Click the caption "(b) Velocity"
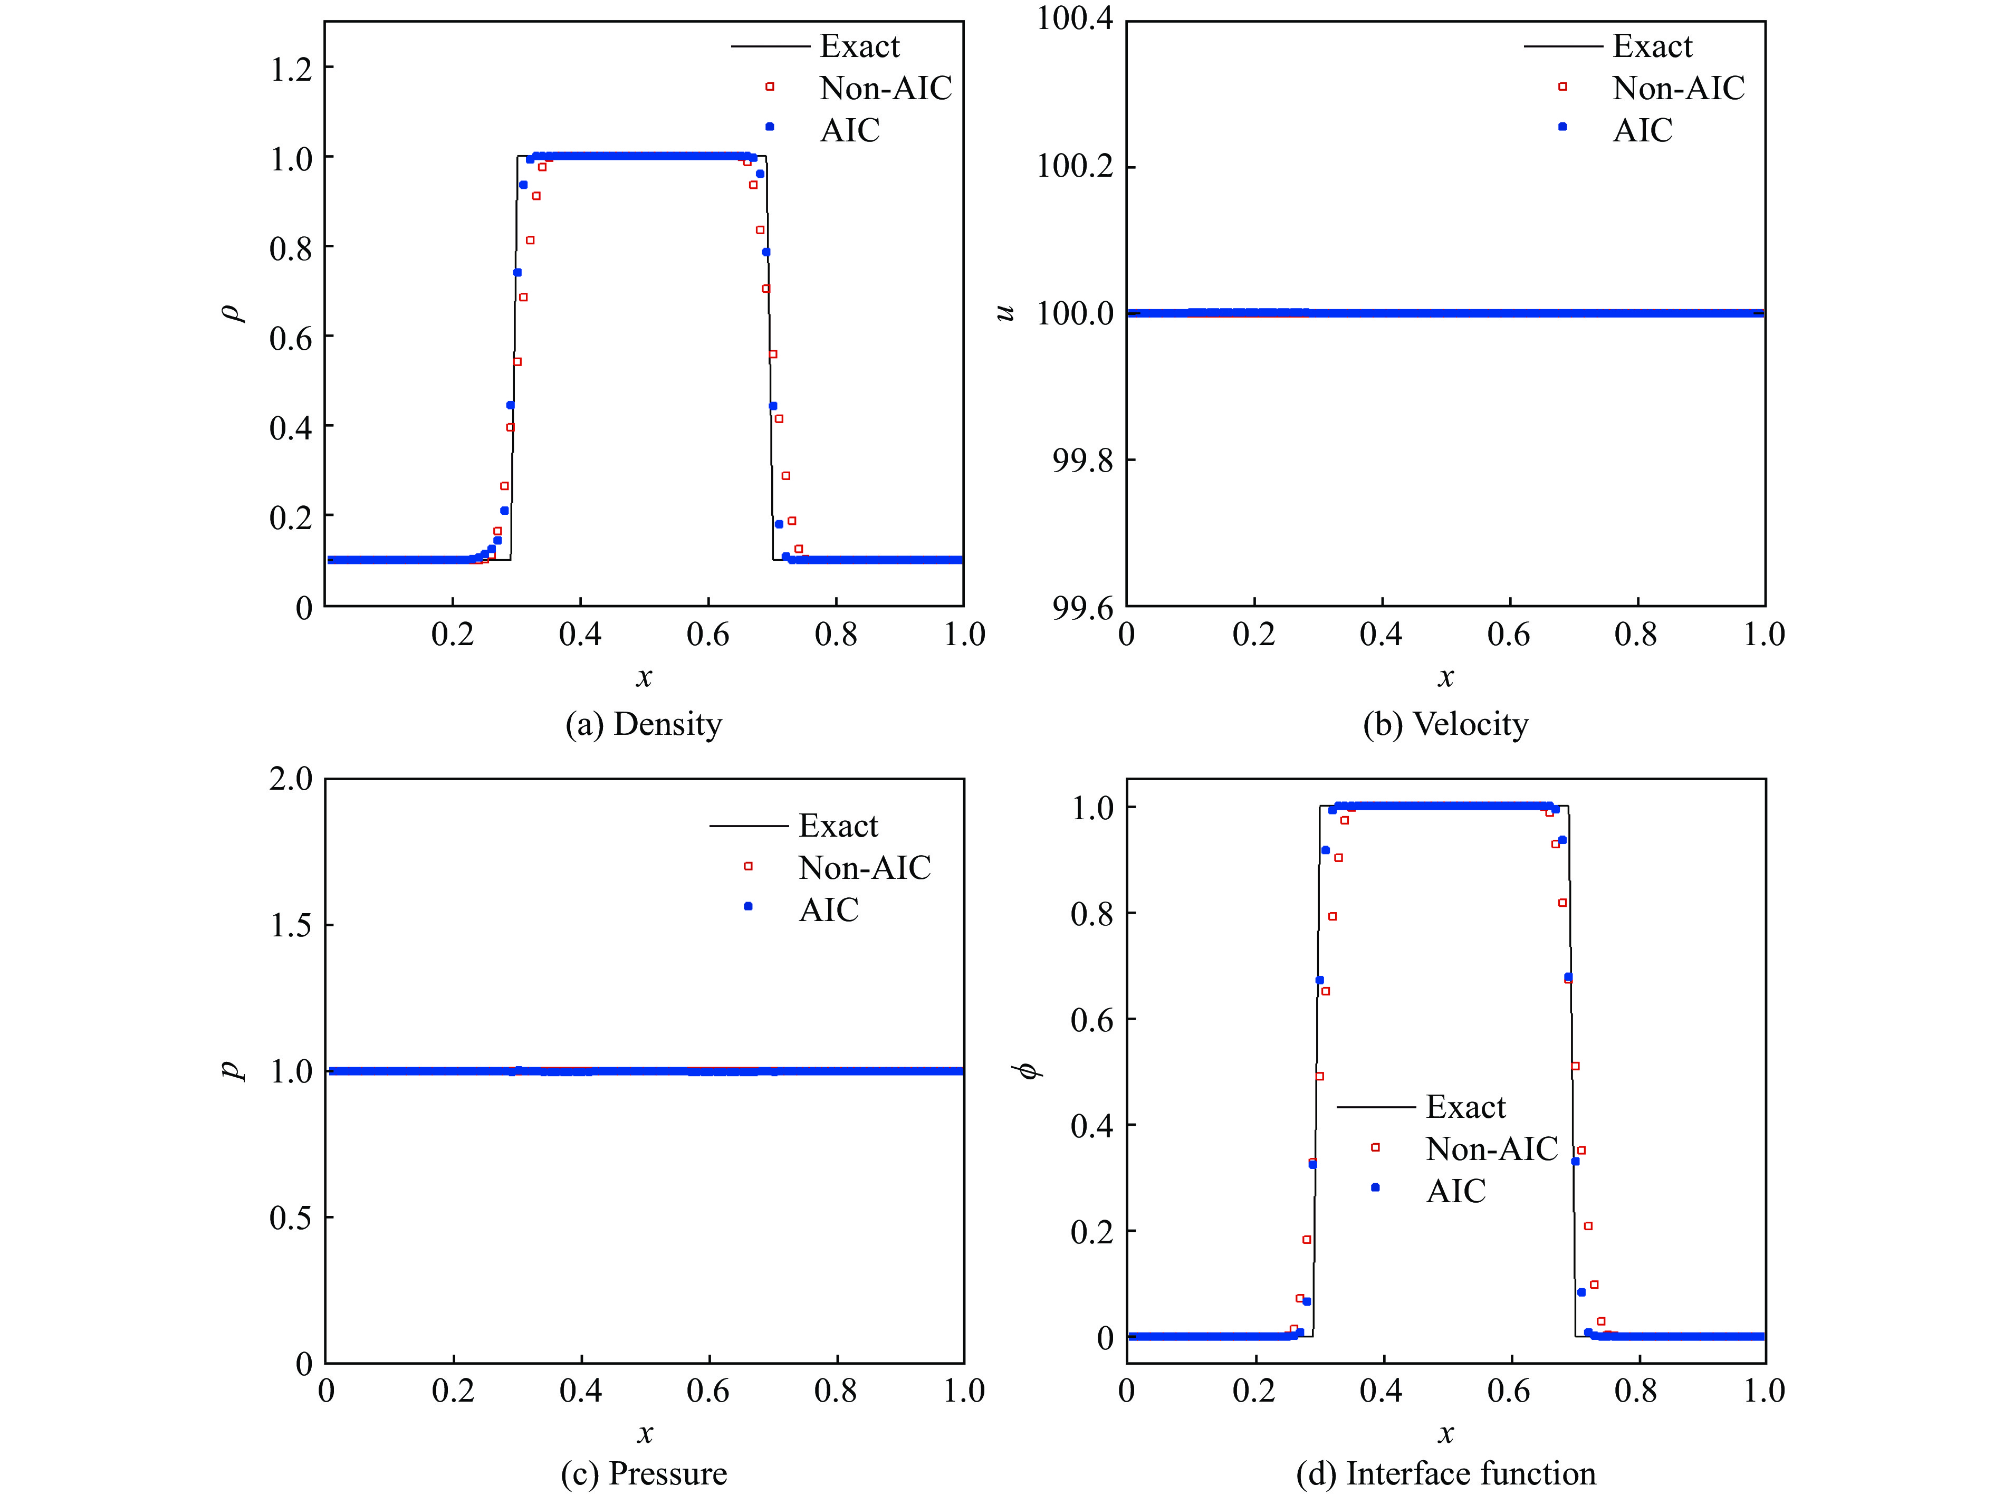[x=1445, y=724]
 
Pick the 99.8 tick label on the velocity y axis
[x=1082, y=461]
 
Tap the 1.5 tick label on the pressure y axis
[x=290, y=925]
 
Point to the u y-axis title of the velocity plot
[x=1004, y=313]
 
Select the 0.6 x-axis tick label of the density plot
[x=707, y=635]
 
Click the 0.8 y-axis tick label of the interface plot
[x=1091, y=914]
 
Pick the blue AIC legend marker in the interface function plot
[x=1375, y=1187]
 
